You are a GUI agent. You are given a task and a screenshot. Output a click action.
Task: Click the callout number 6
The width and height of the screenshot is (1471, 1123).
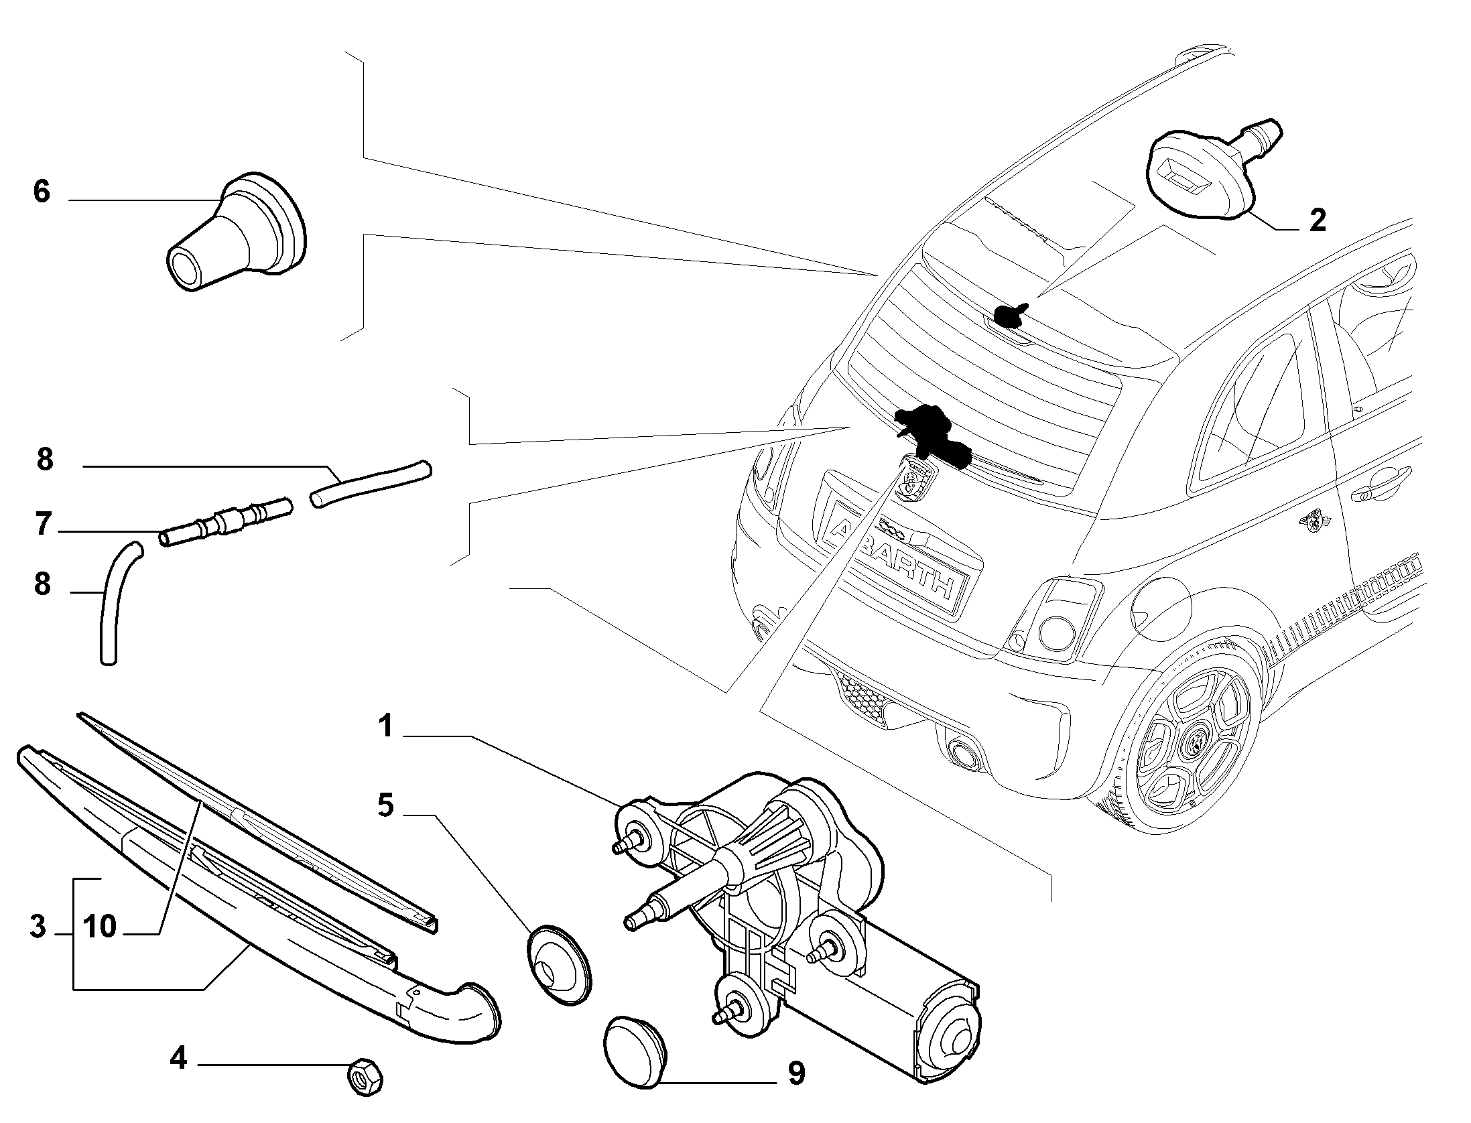point(42,192)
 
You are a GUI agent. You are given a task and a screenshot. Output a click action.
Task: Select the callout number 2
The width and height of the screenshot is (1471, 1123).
point(1317,220)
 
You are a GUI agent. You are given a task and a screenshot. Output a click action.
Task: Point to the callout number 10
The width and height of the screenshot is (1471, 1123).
point(100,927)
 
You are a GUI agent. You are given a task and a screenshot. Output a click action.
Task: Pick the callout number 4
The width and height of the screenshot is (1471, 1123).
point(178,1078)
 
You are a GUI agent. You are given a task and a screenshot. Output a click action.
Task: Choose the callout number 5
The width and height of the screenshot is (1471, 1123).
point(385,805)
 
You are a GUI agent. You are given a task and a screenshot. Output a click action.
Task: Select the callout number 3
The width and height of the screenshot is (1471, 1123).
point(38,927)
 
